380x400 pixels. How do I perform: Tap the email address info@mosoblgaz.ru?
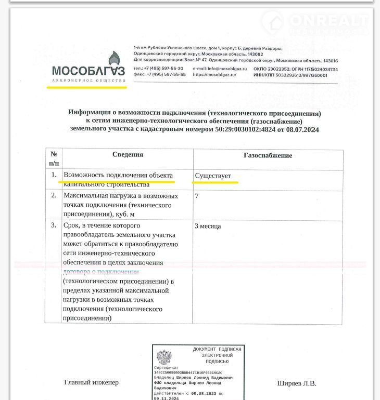pyautogui.click(x=214, y=69)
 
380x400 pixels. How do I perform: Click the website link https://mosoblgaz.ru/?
pyautogui.click(x=214, y=75)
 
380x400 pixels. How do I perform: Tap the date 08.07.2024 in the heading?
pyautogui.click(x=301, y=130)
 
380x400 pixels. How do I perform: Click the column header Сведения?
pyautogui.click(x=128, y=155)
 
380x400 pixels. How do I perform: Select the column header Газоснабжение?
pyautogui.click(x=268, y=155)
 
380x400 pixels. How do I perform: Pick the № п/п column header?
pyautogui.click(x=54, y=158)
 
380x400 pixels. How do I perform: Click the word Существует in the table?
pyautogui.click(x=213, y=176)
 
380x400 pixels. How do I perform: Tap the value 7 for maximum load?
pyautogui.click(x=197, y=196)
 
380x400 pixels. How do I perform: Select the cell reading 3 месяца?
pyautogui.click(x=208, y=226)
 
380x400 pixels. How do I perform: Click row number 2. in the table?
pyautogui.click(x=54, y=196)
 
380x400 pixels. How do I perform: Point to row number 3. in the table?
pyautogui.click(x=54, y=225)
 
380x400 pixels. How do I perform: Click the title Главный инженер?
pyautogui.click(x=91, y=382)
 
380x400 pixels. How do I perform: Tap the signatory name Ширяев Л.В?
pyautogui.click(x=296, y=383)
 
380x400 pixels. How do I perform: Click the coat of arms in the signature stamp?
pyautogui.click(x=164, y=357)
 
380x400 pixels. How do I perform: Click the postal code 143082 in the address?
pyautogui.click(x=255, y=55)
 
